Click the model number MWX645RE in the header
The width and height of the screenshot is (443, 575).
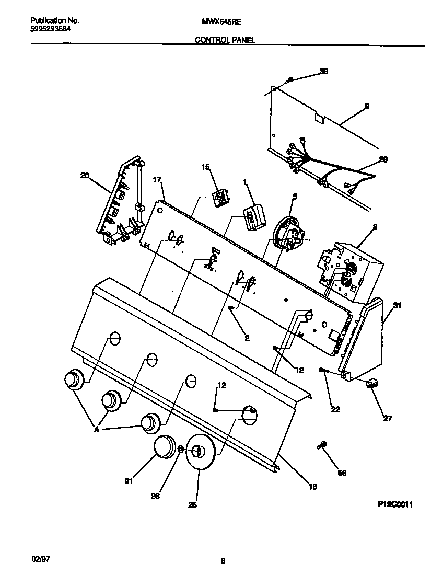click(221, 22)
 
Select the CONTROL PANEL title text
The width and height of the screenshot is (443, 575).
click(225, 40)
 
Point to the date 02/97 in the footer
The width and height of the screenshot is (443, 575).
click(40, 559)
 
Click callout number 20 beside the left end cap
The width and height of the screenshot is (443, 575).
click(84, 176)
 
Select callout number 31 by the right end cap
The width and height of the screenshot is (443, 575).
click(397, 306)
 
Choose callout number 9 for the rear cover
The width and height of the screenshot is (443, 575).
click(366, 107)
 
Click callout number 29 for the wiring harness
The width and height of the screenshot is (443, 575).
click(383, 160)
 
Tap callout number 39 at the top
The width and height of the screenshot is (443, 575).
click(323, 72)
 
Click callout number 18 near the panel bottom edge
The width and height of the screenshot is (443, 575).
click(312, 487)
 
